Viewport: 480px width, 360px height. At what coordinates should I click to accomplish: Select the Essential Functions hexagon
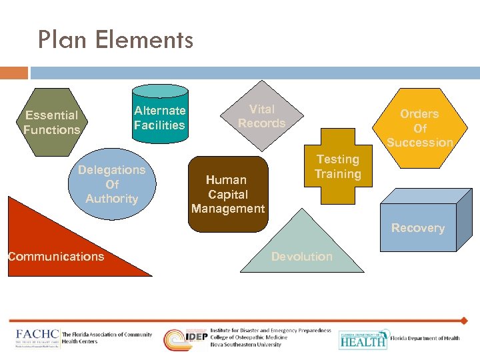point(51,123)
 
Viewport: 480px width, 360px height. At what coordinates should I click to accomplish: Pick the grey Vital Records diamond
point(262,116)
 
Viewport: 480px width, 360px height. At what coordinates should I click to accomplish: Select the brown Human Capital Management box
point(227,193)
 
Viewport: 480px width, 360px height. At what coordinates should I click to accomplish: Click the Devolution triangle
point(302,250)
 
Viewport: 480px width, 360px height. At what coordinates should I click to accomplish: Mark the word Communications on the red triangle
point(56,257)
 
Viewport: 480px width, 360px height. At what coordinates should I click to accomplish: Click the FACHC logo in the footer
point(38,337)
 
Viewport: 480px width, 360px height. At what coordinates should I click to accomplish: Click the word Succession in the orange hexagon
point(420,142)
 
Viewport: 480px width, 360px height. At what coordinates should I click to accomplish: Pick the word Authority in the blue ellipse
point(112,199)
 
